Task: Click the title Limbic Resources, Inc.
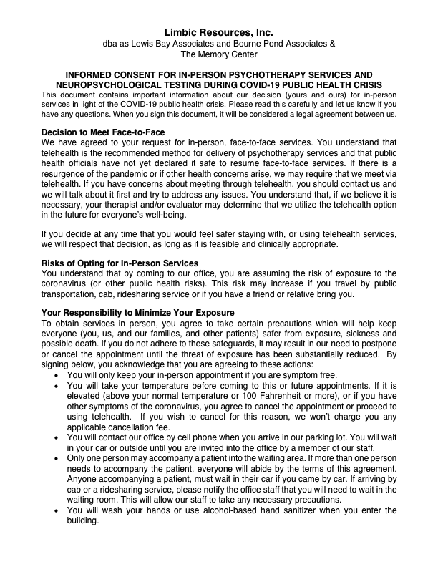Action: [218, 32]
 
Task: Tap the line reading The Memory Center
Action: [218, 54]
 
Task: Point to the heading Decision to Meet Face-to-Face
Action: [103, 132]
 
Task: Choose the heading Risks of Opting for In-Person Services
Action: [120, 263]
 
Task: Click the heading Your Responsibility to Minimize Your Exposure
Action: [137, 312]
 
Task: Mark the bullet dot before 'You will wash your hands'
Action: [57, 510]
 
